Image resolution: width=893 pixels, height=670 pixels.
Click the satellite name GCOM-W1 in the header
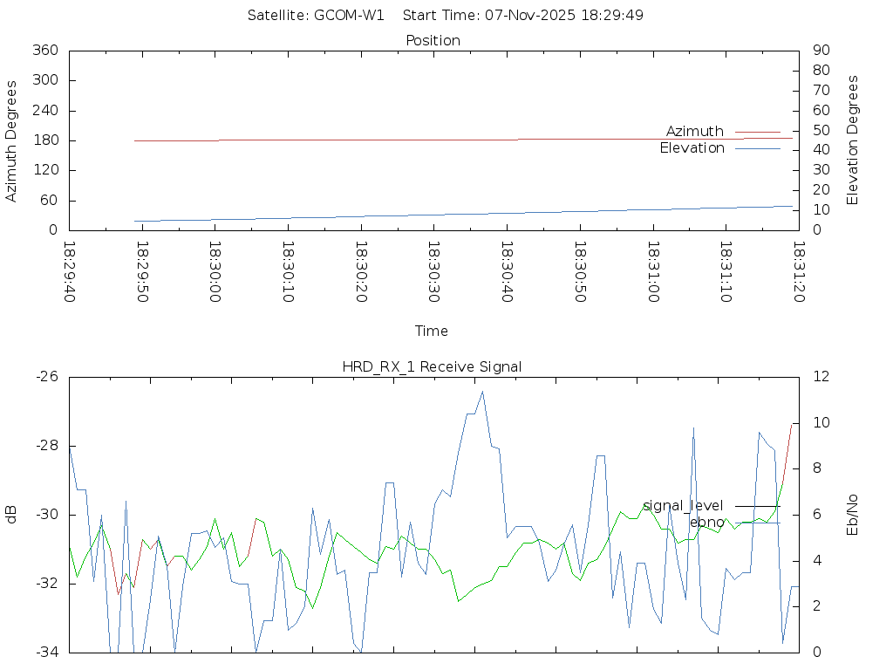[x=349, y=15]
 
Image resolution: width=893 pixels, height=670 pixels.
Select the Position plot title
[x=433, y=40]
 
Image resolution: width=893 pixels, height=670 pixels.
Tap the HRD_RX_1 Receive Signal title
[x=432, y=366]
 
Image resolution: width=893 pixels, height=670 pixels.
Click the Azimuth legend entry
[x=695, y=131]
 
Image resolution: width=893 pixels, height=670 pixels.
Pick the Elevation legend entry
[x=692, y=148]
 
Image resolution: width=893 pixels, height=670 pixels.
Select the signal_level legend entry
[x=683, y=506]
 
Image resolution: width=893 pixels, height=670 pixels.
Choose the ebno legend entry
[x=706, y=523]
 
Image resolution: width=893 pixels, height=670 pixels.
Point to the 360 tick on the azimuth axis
[x=44, y=51]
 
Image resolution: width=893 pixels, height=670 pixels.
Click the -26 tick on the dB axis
[x=46, y=377]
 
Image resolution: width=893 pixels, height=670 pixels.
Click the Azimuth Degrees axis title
[x=11, y=140]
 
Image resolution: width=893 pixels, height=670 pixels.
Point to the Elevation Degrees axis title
[x=853, y=140]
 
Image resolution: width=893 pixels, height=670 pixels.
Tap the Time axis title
[x=432, y=331]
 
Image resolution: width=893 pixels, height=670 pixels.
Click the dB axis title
[x=11, y=514]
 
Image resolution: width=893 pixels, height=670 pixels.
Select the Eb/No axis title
[x=853, y=514]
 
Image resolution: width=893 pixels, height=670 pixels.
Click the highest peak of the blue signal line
[x=482, y=391]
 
